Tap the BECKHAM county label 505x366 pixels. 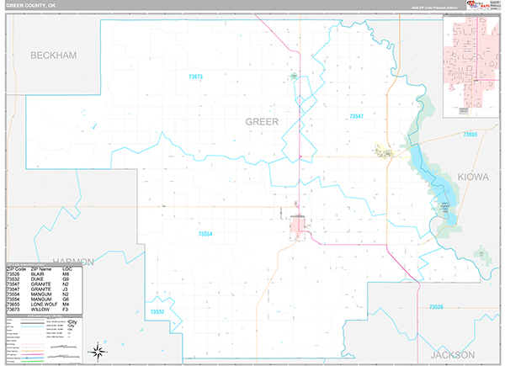pos(53,56)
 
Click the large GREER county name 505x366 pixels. pos(261,122)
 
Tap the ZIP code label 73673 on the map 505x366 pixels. pos(196,77)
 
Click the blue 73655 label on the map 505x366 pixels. pos(470,135)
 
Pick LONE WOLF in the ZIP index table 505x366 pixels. pos(41,304)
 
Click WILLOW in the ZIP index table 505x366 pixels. pos(38,309)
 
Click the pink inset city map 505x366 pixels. pos(471,63)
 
